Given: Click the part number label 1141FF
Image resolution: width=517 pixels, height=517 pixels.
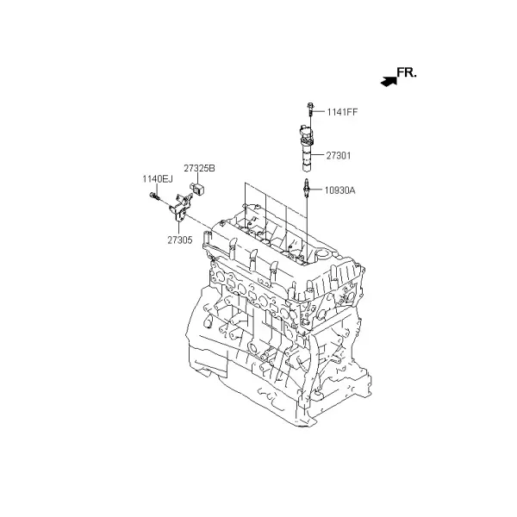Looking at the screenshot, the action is coord(342,112).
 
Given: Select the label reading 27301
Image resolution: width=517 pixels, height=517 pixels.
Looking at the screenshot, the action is coord(339,156).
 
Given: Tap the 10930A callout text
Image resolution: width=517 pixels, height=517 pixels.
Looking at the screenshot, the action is coord(340,190).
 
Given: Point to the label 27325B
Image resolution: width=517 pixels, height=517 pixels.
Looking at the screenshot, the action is coord(199,168).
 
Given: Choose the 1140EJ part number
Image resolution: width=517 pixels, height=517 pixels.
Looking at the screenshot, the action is coord(158,179).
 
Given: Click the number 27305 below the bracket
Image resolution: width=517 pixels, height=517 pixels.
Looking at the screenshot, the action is coord(180,240).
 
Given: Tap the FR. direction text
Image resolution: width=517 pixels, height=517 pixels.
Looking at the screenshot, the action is coord(407,73).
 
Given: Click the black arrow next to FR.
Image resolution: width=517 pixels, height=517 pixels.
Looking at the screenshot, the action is coord(389,82).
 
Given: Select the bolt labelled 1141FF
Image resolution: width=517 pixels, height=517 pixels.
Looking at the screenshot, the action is coord(310,109).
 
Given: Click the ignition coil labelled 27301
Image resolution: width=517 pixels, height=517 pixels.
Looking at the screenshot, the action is coord(307,148).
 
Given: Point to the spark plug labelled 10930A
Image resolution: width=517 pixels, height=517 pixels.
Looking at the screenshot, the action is coord(307,189).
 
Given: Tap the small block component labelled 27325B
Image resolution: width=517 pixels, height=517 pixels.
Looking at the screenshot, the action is coord(197,188).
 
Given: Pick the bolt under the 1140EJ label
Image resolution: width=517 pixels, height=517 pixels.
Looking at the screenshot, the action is coord(154,196).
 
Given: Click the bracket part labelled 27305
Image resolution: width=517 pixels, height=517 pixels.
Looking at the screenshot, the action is coord(180,207).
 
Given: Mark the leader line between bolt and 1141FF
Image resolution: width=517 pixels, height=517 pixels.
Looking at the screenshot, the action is coord(319,112).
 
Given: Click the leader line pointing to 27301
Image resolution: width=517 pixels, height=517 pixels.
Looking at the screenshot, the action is coord(318,155).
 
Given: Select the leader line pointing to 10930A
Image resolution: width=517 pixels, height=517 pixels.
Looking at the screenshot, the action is coord(316,190).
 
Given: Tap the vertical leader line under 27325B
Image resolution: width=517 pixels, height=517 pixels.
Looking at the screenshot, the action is coord(198,178).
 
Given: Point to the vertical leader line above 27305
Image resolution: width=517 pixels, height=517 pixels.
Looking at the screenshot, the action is coord(179,227).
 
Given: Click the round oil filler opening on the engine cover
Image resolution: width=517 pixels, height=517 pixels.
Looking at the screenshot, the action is coord(323,254).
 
